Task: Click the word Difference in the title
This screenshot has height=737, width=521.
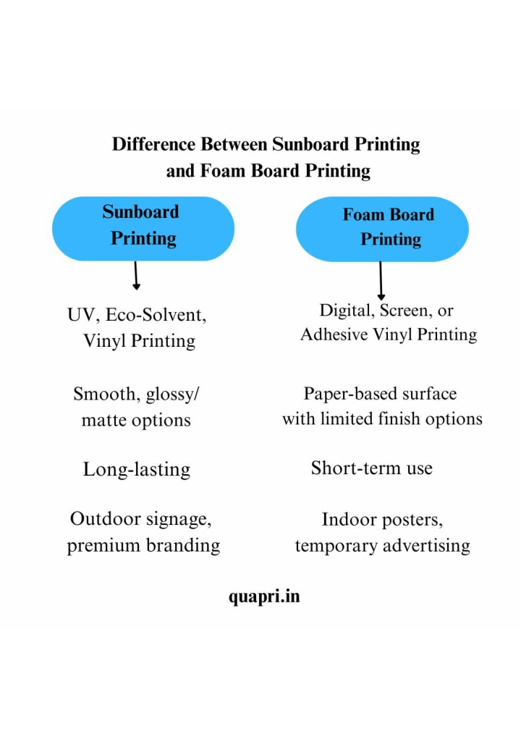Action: point(153,144)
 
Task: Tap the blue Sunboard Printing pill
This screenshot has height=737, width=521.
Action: point(143,229)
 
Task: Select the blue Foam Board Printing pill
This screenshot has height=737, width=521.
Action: point(382,229)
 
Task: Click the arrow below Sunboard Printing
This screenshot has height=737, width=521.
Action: point(136,276)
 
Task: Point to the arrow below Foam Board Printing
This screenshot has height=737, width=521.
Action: point(381,281)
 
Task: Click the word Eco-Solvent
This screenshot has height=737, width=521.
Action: point(156,314)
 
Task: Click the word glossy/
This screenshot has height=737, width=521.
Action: point(172,395)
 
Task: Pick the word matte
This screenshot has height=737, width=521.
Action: point(103,420)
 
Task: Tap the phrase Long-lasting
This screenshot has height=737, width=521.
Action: point(137,469)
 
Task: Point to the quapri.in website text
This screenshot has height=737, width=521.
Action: point(264,597)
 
